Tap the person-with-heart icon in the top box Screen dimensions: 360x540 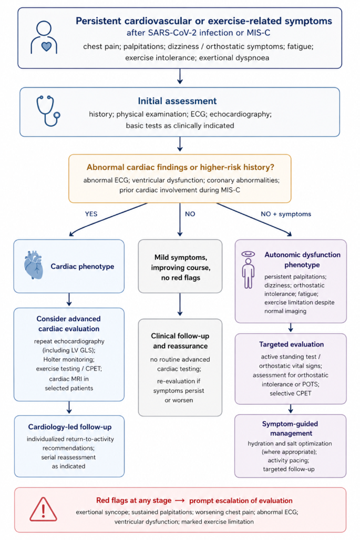pyautogui.click(x=44, y=37)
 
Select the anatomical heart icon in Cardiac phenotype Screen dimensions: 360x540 pyautogui.click(x=34, y=264)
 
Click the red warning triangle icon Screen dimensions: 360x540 pyautogui.click(x=43, y=509)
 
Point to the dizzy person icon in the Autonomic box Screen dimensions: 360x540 pyautogui.click(x=248, y=270)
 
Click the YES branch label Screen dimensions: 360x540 pyautogui.click(x=91, y=214)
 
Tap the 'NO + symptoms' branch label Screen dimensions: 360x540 pyautogui.click(x=286, y=214)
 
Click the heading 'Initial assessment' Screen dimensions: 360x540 pyautogui.click(x=177, y=101)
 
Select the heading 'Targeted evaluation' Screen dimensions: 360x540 pyautogui.click(x=291, y=344)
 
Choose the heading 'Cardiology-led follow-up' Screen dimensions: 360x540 pyautogui.click(x=70, y=427)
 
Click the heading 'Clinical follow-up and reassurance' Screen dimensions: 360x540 pyautogui.click(x=180, y=341)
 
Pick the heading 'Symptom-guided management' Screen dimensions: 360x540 pyautogui.click(x=290, y=429)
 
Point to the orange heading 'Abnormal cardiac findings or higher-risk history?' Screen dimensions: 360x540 pyautogui.click(x=180, y=167)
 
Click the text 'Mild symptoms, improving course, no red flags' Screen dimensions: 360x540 pyautogui.click(x=180, y=267)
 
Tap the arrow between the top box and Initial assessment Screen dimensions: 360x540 pyautogui.click(x=180, y=76)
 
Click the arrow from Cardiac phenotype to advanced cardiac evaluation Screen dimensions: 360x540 pyautogui.click(x=69, y=300)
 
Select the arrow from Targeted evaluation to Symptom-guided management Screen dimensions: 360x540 pyautogui.click(x=291, y=409)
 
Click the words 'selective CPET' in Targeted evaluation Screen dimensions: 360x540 pyautogui.click(x=291, y=393)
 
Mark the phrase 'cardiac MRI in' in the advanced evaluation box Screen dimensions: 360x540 pyautogui.click(x=69, y=379)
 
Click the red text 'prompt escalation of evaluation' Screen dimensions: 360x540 pyautogui.click(x=241, y=501)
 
